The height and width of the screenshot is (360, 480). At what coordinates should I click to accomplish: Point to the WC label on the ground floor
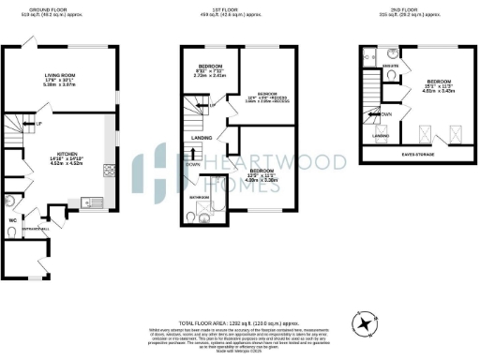pyautogui.click(x=12, y=221)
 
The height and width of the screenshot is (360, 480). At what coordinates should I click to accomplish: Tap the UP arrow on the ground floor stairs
pyautogui.click(x=37, y=124)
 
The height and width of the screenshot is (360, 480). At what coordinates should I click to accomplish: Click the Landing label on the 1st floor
pyautogui.click(x=200, y=137)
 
